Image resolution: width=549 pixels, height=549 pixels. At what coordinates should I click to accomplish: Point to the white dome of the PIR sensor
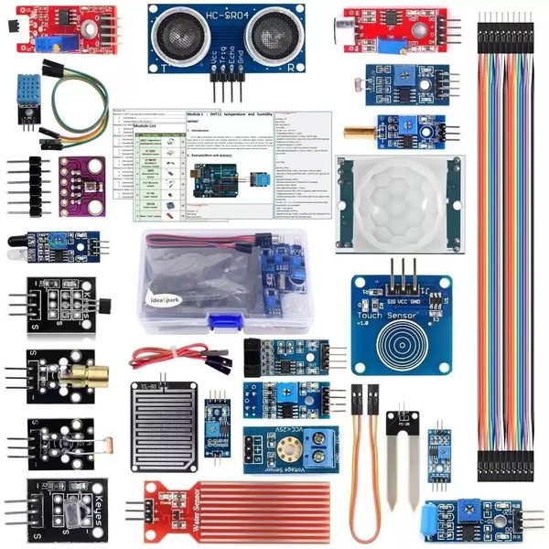tap(400, 203)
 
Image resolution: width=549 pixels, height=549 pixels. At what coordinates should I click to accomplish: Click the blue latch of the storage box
tap(224, 322)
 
